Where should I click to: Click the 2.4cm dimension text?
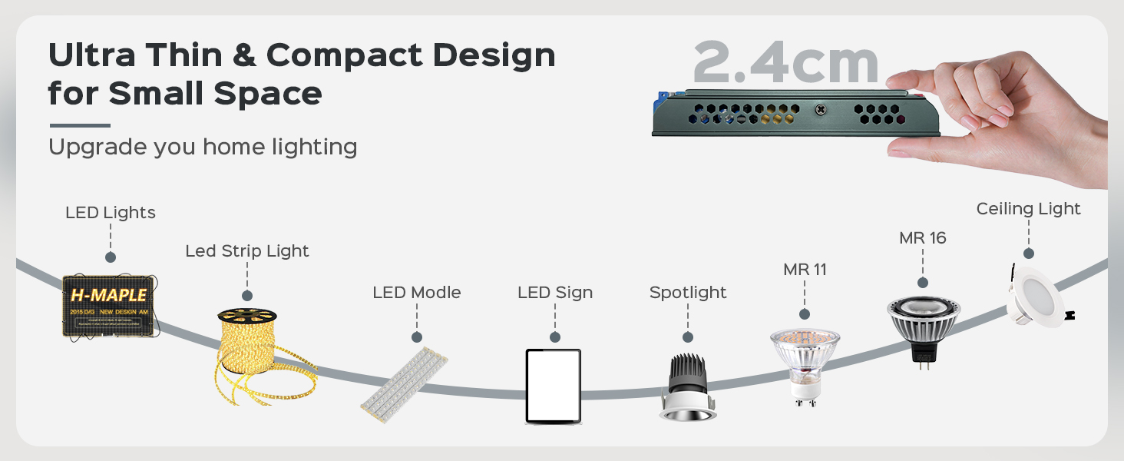click(x=785, y=63)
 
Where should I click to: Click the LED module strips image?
click(x=404, y=382)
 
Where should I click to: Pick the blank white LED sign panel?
click(x=553, y=385)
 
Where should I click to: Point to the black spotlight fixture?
click(x=686, y=387)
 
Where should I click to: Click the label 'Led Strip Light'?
click(x=247, y=251)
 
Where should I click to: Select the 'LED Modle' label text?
click(x=416, y=293)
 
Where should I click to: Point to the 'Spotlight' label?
click(x=688, y=293)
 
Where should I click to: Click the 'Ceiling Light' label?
click(x=1028, y=209)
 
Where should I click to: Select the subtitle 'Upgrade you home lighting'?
click(x=203, y=147)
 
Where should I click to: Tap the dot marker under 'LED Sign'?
click(x=555, y=337)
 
